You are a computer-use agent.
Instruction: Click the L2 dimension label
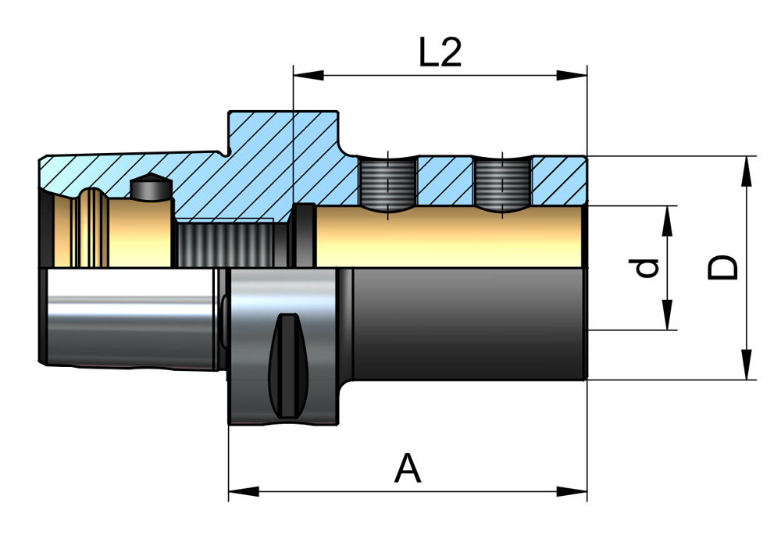coord(440,53)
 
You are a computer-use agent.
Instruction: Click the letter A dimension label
coord(408,469)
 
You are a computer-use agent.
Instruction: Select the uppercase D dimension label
coord(722,267)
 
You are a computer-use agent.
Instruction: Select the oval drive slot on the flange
coord(287,365)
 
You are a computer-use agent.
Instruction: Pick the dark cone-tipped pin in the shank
coord(150,187)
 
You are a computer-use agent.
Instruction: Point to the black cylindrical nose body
coord(469,324)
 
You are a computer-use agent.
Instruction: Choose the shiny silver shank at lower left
coord(129,316)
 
